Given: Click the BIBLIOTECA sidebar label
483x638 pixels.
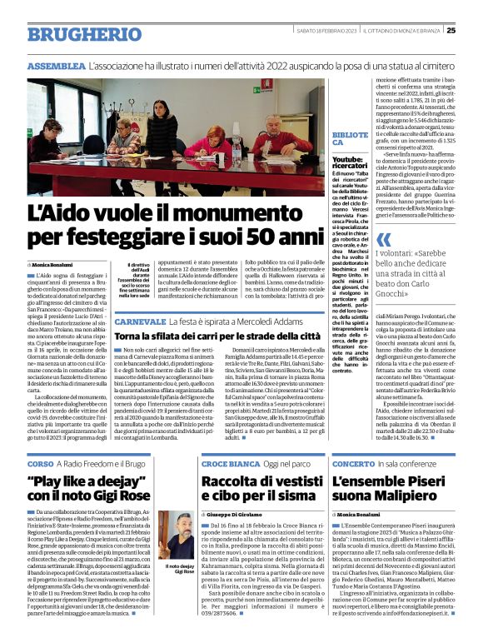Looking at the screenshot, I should coord(348,138).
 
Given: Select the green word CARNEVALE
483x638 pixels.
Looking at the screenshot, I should coord(142,321).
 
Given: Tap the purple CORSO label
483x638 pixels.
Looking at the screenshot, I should coord(41,462).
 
